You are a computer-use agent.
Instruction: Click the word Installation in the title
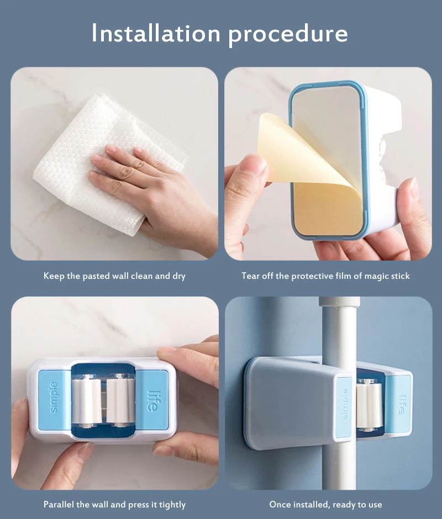tap(156, 34)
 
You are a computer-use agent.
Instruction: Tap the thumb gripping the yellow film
tap(251, 171)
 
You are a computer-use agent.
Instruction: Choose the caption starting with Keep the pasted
tap(114, 276)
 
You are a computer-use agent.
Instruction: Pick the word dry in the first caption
tap(178, 276)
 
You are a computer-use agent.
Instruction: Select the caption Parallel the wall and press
tap(114, 504)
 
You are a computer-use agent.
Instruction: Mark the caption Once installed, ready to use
tap(325, 504)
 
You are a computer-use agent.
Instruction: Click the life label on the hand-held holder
tap(152, 399)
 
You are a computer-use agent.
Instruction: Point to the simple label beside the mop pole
tap(344, 406)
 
